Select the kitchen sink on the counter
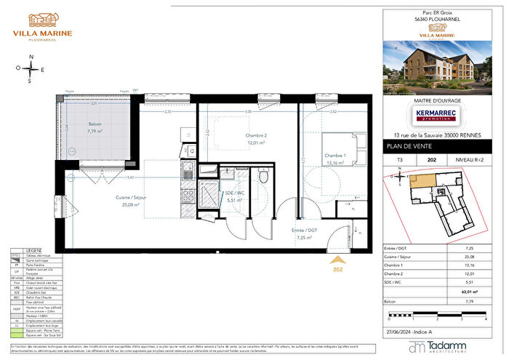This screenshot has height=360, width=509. [x=188, y=173]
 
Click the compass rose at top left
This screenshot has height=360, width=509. [x=31, y=70]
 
